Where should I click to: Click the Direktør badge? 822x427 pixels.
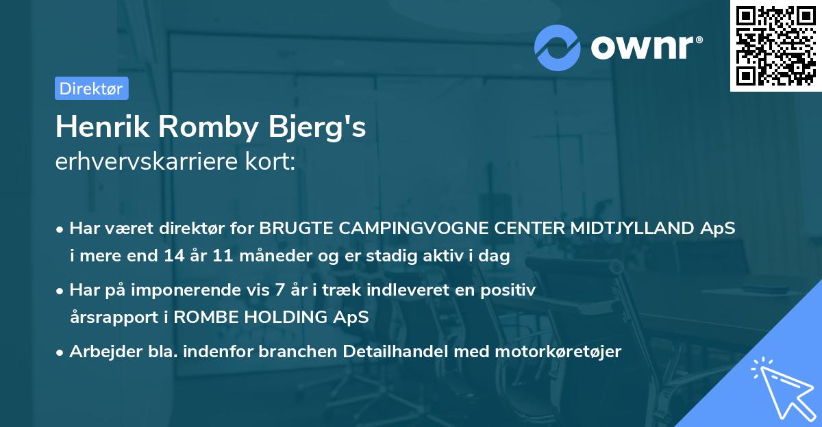tap(91, 88)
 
